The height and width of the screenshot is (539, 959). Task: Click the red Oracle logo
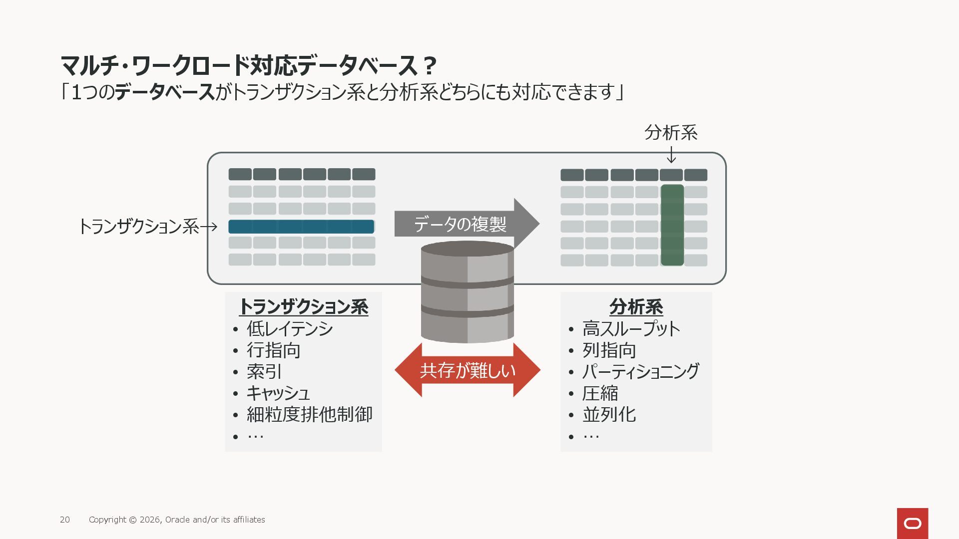(x=912, y=523)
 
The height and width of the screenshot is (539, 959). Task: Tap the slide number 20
(x=65, y=520)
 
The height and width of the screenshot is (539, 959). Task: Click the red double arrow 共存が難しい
(x=468, y=370)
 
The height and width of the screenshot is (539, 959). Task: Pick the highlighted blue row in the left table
(x=301, y=227)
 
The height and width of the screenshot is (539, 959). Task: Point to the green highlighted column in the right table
(x=672, y=225)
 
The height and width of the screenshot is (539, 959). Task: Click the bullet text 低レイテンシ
(x=290, y=329)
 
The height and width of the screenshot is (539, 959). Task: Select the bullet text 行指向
(x=274, y=350)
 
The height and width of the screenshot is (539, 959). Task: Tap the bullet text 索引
(x=264, y=372)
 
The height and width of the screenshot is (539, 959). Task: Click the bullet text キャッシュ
(x=278, y=393)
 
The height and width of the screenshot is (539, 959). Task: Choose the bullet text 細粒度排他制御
(x=310, y=415)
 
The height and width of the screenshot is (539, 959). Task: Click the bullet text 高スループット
(x=631, y=329)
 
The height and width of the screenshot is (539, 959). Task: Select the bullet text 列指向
(x=609, y=350)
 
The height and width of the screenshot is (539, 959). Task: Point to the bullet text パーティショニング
(x=640, y=372)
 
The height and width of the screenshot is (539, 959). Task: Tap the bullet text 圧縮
(x=600, y=393)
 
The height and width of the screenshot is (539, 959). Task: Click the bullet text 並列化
(x=609, y=415)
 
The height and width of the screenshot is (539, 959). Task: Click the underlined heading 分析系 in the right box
(x=636, y=306)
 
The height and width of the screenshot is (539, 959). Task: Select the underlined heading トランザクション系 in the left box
(x=304, y=306)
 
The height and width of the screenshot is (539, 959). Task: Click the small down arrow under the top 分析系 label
(x=671, y=155)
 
